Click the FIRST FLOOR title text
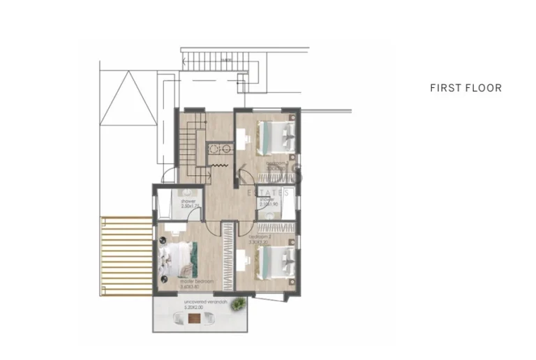click(x=466, y=88)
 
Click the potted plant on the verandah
click(x=239, y=303)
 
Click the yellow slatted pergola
click(x=126, y=255)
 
